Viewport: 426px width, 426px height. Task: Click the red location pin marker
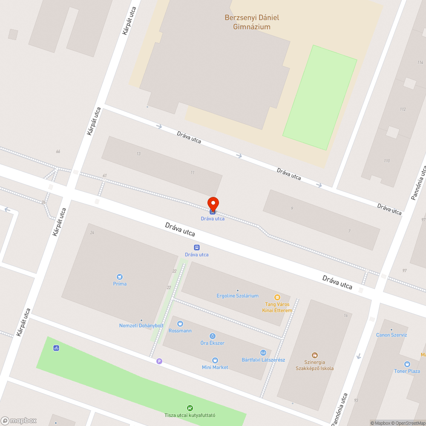tap(213, 203)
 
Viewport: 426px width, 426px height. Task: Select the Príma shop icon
tap(120, 276)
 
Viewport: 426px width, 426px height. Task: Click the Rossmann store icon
tap(180, 324)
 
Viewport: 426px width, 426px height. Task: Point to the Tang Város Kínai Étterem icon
tap(277, 297)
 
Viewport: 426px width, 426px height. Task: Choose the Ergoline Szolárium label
tap(238, 296)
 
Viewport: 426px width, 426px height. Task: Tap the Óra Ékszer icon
tap(212, 336)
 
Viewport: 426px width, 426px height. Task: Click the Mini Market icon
tap(215, 360)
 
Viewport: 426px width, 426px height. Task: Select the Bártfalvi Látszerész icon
tap(263, 353)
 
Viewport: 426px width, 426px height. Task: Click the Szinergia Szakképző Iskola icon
tap(314, 355)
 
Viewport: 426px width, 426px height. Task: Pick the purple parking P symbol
tap(159, 361)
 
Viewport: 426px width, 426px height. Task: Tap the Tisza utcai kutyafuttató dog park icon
tap(190, 408)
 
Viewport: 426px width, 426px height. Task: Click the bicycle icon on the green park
tap(56, 348)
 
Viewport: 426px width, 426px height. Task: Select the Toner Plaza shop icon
tap(407, 364)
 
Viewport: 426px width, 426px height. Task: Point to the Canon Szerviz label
tap(391, 335)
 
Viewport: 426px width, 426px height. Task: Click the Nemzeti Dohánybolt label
tap(141, 326)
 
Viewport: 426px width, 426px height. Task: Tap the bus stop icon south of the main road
tap(197, 248)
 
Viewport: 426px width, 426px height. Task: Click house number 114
tap(420, 63)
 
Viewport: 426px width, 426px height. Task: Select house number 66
tap(58, 152)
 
